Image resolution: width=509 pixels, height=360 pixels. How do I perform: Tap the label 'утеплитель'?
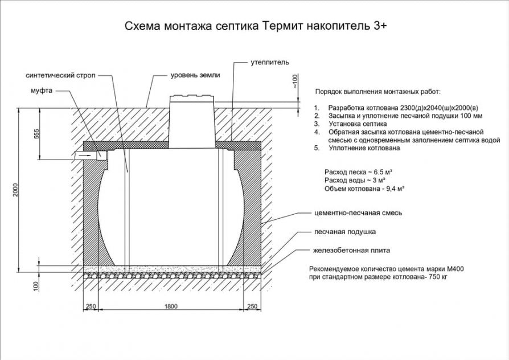click(270, 61)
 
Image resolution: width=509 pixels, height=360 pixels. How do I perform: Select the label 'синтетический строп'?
click(60, 75)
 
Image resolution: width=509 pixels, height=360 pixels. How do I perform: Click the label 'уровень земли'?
click(195, 75)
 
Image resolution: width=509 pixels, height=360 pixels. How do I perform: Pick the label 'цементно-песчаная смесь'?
click(358, 213)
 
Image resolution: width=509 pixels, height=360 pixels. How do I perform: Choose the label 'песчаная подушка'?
click(344, 232)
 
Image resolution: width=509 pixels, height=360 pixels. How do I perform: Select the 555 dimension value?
click(37, 134)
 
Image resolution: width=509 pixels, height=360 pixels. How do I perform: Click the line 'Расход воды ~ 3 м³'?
click(356, 180)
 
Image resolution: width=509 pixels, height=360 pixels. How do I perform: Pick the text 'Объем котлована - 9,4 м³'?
click(364, 189)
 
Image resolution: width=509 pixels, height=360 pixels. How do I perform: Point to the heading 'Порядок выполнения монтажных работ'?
click(377, 91)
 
